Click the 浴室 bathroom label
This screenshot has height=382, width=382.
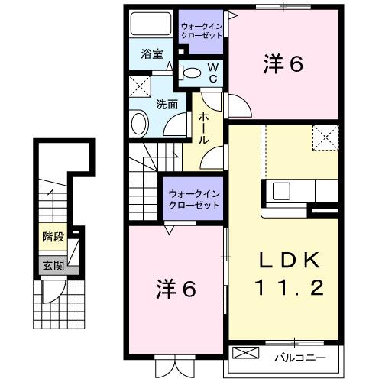click(152, 53)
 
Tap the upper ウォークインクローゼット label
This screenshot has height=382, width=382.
click(202, 31)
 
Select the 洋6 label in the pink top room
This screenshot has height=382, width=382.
click(284, 64)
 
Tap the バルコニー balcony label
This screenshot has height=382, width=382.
click(299, 357)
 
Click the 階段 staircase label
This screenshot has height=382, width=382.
click(53, 238)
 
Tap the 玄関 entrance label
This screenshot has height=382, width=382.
click(53, 265)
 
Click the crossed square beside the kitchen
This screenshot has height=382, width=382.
click(323, 140)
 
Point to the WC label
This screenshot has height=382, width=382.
click(213, 73)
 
